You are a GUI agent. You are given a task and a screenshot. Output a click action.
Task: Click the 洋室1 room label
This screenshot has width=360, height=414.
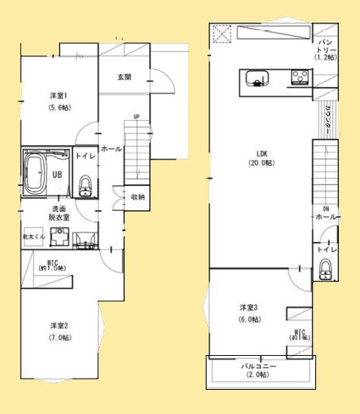(54, 95)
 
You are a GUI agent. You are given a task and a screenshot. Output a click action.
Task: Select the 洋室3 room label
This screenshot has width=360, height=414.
(250, 307)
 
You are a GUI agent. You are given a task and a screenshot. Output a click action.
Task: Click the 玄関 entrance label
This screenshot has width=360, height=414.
(126, 77)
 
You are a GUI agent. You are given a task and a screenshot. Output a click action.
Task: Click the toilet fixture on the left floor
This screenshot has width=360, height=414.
(85, 184)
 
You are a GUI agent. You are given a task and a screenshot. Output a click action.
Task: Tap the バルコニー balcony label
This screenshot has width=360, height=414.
(259, 366)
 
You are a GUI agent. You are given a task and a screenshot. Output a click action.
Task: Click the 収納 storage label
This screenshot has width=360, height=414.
(137, 197)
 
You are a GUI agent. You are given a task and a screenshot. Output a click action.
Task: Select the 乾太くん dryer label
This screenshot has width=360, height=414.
(35, 236)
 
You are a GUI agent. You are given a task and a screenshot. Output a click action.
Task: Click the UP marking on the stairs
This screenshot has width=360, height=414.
(136, 117)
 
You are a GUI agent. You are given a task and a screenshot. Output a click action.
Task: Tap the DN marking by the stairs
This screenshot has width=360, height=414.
(325, 208)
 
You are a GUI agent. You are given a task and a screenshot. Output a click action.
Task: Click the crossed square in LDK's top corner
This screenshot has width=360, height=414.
(222, 35)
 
